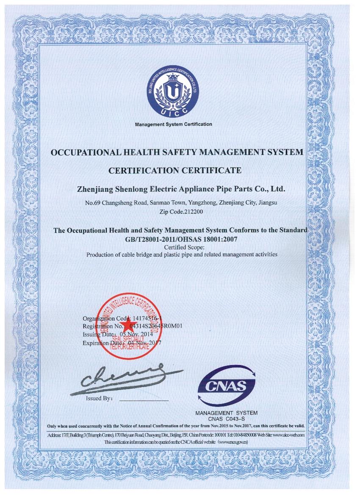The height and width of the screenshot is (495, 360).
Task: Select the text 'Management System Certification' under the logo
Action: pyautogui.click(x=173, y=124)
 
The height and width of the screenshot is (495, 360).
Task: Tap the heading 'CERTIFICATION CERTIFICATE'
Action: pyautogui.click(x=175, y=171)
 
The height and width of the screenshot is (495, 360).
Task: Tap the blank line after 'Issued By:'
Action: pyautogui.click(x=144, y=400)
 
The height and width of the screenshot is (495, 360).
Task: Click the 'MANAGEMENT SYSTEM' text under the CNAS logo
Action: pyautogui.click(x=226, y=412)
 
